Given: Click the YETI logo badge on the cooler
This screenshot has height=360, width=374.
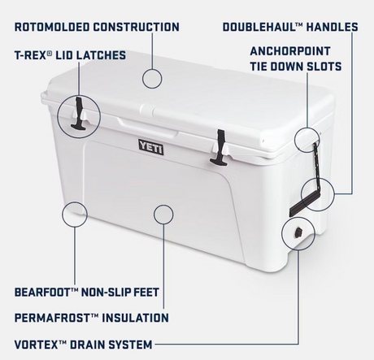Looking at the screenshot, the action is pos(151,147).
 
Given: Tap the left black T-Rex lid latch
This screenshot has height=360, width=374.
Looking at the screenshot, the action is pos(79,114).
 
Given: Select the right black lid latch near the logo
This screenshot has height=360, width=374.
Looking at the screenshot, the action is pos(220,148).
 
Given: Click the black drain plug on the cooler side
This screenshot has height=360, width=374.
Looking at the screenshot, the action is pos(298,232).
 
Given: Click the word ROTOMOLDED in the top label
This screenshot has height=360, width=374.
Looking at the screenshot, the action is pos(52,27).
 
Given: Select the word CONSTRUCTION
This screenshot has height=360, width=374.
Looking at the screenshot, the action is pos(137,27).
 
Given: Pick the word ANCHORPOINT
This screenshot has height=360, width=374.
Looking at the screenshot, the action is pos(290,51).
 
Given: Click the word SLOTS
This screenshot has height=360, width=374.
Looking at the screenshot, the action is pos(324,67).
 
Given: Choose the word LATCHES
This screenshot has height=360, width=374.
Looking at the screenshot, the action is pos(101,55).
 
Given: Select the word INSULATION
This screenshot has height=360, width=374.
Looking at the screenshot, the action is pos(135,318).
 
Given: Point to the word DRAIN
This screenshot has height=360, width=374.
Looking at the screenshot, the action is pos(87,345).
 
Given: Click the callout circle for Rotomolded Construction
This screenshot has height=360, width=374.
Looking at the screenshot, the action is pos(152,69).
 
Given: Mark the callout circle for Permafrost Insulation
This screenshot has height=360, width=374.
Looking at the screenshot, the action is pos(163,205).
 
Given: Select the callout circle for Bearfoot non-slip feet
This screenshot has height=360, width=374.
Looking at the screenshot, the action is pos(75,202).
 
